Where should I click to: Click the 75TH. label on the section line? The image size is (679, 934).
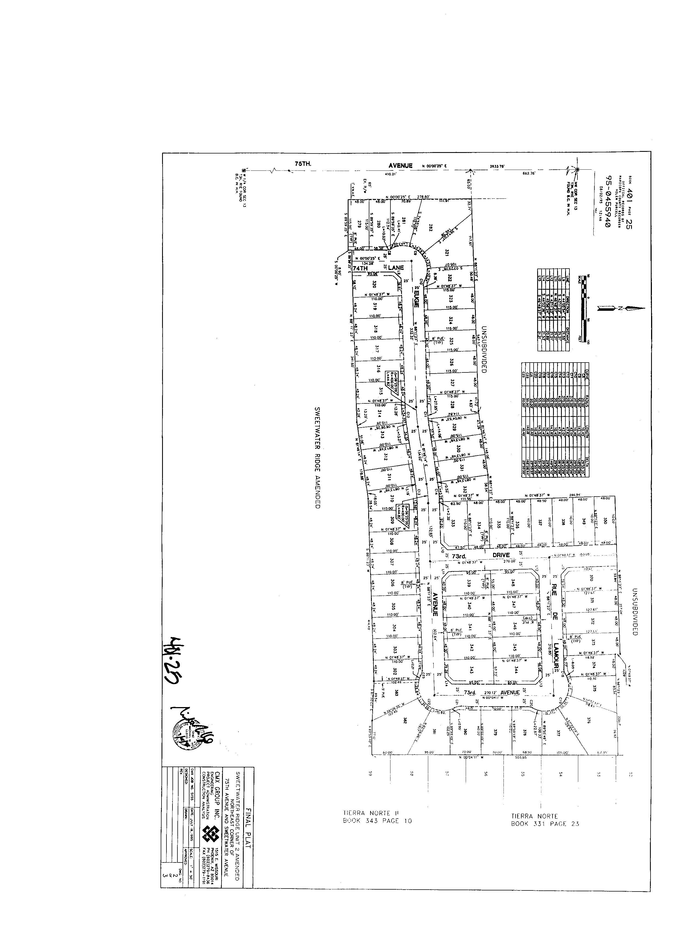coord(303,164)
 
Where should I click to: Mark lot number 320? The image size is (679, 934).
coord(374,284)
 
